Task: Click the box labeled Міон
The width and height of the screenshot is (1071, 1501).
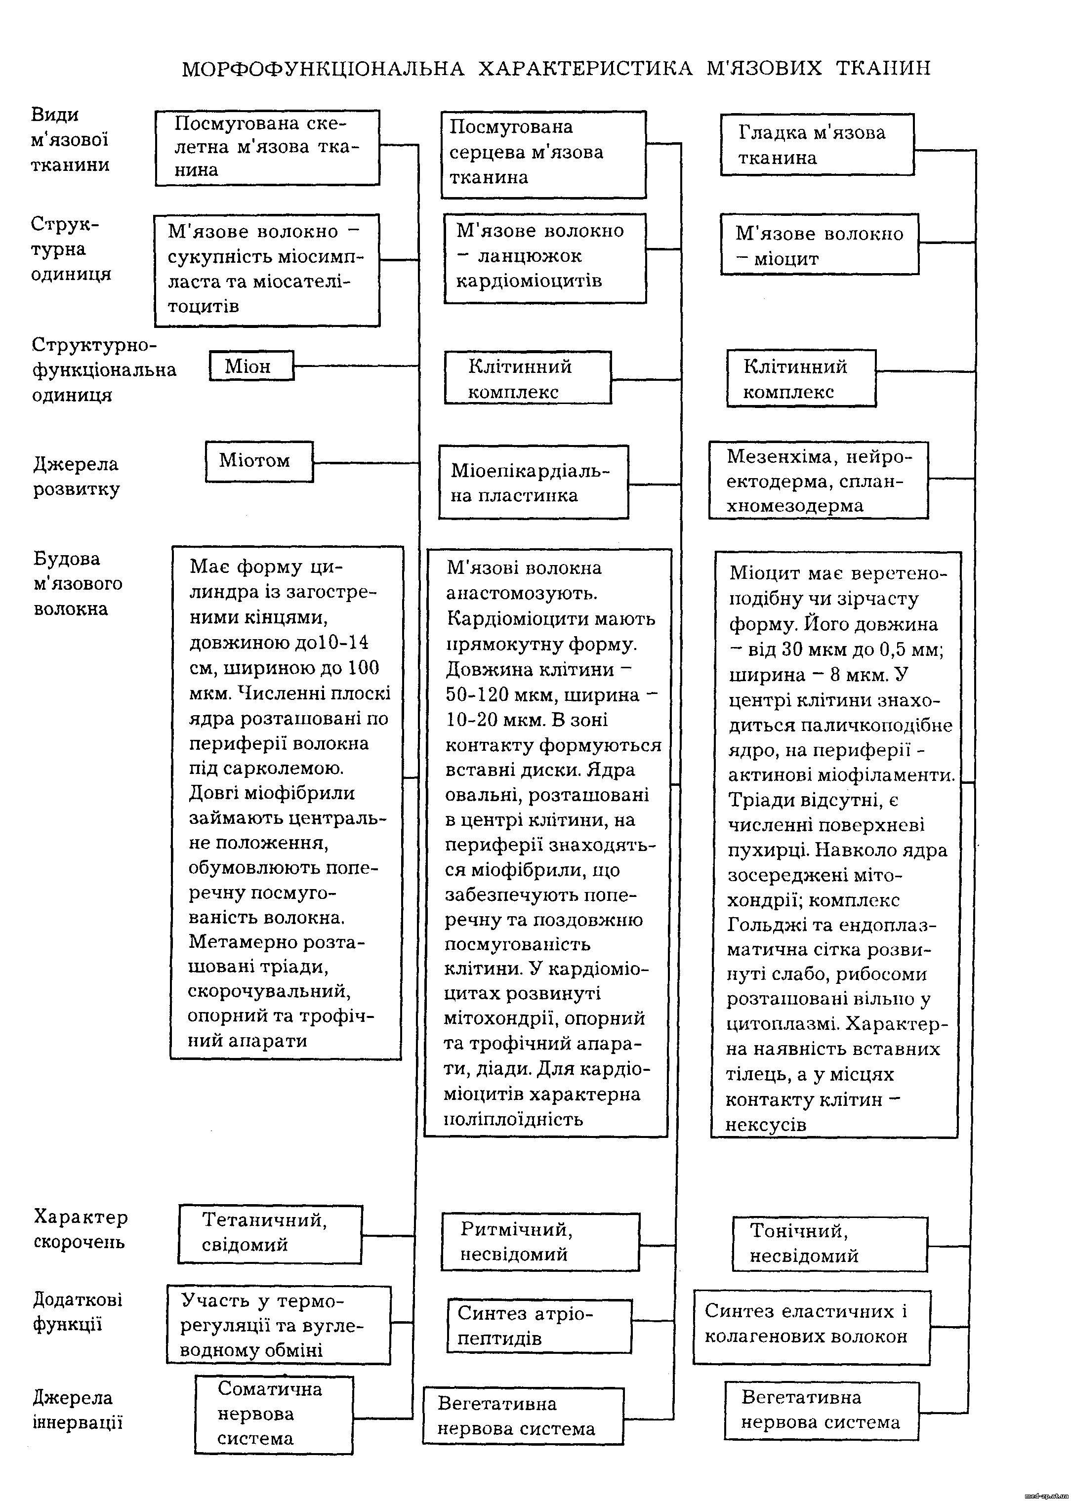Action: coord(251,366)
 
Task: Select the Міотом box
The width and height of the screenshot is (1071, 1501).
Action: coord(258,461)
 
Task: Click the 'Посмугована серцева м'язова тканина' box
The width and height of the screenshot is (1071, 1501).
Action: coord(543,154)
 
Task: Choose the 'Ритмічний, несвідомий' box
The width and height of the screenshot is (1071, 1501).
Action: coord(540,1242)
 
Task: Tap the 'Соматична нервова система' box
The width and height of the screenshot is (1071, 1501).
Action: coord(274,1414)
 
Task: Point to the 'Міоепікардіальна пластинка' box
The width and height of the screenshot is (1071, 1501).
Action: coord(534,482)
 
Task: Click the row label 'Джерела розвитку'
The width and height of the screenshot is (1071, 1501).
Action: coord(76,476)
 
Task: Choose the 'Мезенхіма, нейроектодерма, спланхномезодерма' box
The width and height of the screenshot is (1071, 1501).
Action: coord(818,481)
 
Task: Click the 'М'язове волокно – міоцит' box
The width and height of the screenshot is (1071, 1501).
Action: coord(819,244)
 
